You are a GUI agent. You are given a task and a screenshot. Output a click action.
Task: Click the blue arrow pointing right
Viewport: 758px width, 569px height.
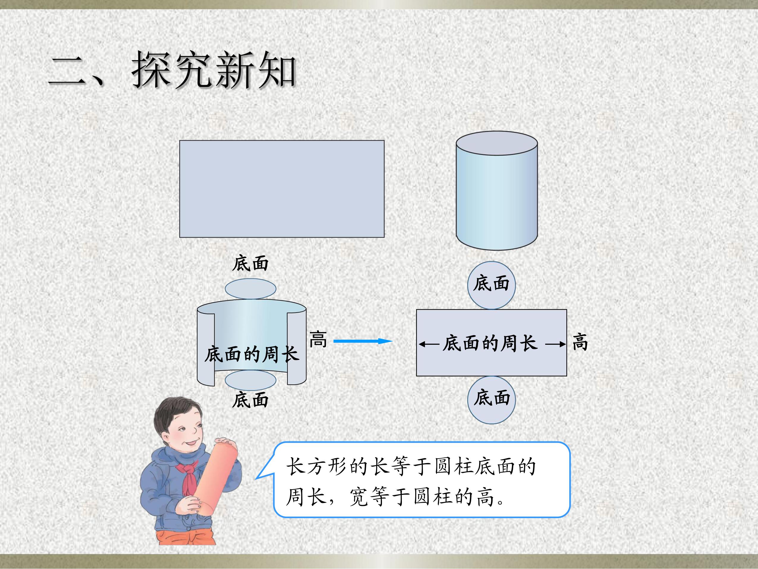point(363,341)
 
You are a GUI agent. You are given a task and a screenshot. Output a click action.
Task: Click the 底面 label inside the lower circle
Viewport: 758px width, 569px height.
point(492,398)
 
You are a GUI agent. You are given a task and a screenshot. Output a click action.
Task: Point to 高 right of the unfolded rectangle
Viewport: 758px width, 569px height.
point(580,342)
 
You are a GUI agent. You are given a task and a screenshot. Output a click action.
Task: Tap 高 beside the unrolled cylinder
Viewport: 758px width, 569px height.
point(318,339)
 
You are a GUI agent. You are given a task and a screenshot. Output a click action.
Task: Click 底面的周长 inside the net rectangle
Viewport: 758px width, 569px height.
point(490,343)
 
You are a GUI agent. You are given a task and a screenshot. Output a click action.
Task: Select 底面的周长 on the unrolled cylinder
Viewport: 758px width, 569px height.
point(252,354)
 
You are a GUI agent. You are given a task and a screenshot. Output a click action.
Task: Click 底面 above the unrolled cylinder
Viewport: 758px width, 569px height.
point(250,264)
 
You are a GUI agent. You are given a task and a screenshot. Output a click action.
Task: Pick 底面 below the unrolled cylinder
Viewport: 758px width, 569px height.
point(250,400)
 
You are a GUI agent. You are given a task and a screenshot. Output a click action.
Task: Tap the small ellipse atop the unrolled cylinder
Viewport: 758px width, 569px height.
point(251,289)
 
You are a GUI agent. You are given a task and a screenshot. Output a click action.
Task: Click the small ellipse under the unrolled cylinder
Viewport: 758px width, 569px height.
point(251,380)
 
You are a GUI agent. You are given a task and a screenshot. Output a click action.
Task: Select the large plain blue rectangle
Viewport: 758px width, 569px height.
point(282,189)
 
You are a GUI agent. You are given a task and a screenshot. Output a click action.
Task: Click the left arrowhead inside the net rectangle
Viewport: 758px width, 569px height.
point(422,344)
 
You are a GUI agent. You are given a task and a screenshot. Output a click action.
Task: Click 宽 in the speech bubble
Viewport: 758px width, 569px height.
point(358,497)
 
